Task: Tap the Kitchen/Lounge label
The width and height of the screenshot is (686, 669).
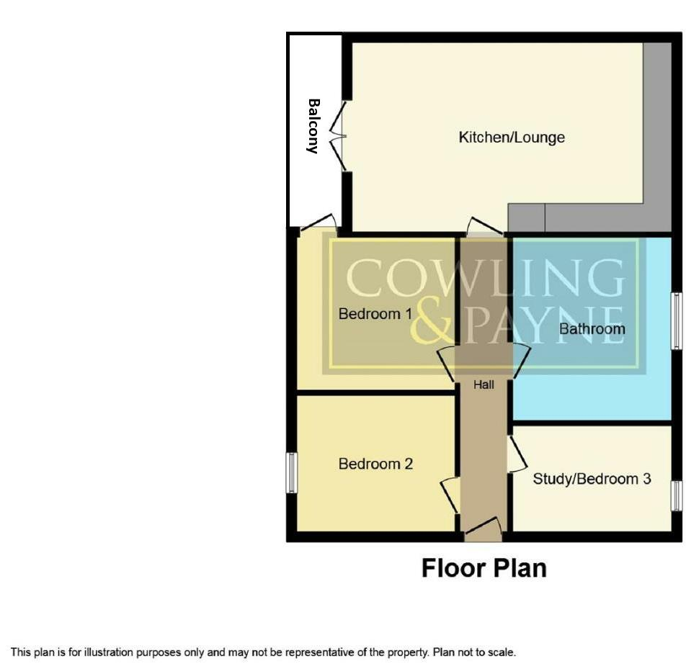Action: tap(512, 137)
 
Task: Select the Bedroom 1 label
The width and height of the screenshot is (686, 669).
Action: tap(375, 314)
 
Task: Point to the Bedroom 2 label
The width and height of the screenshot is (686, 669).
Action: tap(375, 464)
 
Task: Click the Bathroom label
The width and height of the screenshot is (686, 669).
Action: tap(592, 329)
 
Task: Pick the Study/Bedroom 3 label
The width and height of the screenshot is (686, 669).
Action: tap(592, 478)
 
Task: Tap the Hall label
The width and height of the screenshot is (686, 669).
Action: tap(484, 385)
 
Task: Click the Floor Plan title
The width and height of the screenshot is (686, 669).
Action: tap(484, 567)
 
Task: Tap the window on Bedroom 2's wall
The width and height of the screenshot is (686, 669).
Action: tap(291, 472)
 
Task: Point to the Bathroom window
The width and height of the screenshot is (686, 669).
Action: tap(676, 320)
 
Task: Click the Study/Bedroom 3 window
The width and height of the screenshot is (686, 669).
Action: tap(676, 495)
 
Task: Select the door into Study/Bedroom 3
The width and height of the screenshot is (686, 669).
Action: tap(516, 454)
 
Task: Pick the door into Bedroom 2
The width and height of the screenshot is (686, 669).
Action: tap(450, 495)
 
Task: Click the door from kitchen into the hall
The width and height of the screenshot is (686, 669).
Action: tap(484, 227)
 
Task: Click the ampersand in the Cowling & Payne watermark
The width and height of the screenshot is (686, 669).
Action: tap(432, 323)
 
